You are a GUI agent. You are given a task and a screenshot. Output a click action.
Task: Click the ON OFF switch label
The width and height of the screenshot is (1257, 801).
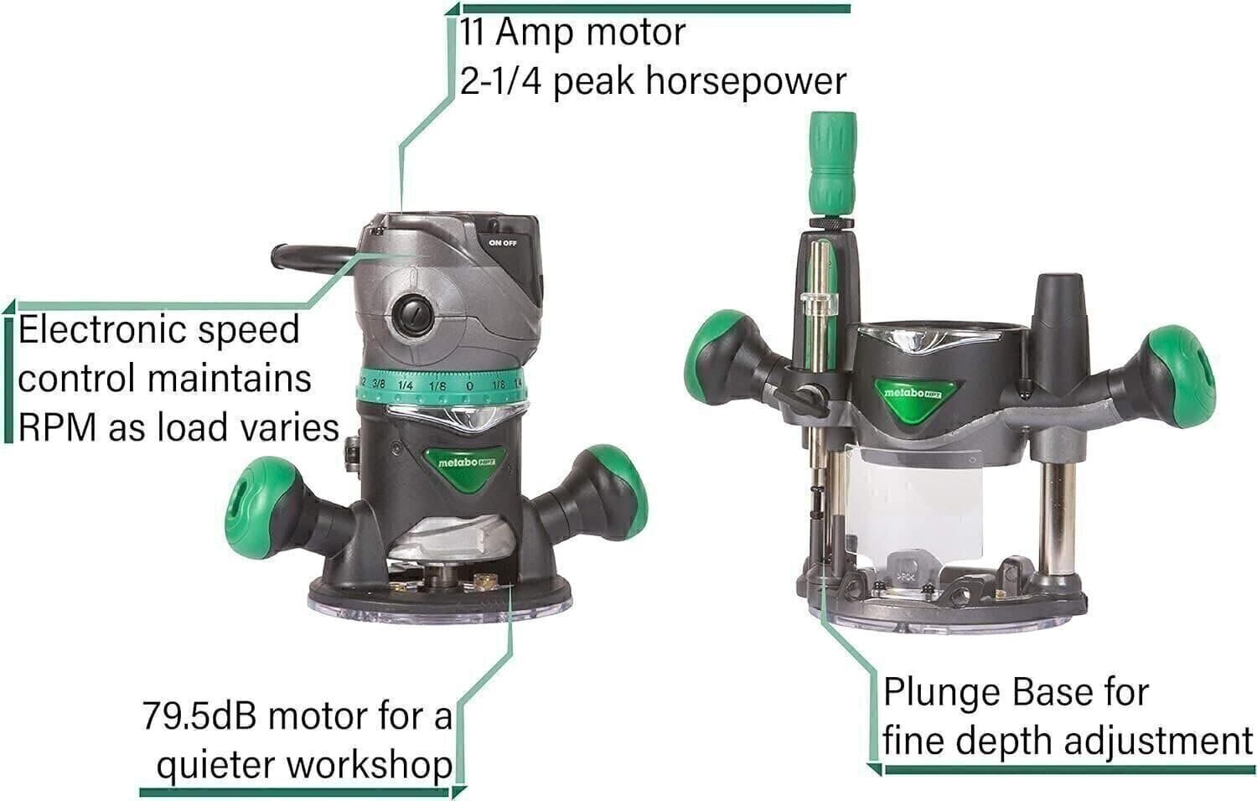point(503,243)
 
